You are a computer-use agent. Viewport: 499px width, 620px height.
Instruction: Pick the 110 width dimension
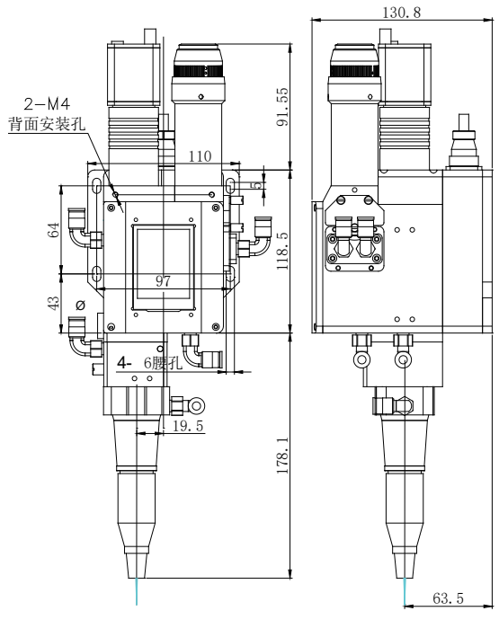[200, 155]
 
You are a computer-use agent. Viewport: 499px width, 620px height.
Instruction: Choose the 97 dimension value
[163, 281]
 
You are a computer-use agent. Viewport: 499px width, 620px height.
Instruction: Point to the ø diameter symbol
[81, 306]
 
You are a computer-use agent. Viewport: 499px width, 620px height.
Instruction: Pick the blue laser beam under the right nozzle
[404, 592]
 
